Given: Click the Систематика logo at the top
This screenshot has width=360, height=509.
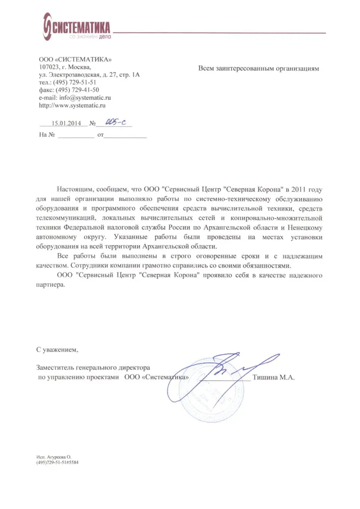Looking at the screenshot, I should coord(76,28).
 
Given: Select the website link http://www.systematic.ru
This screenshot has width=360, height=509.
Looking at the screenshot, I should coord(72,105).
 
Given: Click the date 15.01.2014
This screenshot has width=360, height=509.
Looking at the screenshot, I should coord(66,123).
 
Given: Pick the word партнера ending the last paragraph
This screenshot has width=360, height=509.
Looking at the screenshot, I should coord(51,286).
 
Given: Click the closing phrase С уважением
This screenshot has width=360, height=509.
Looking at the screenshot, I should coord(58,350).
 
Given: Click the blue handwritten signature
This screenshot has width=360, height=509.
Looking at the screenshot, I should coord(229,369).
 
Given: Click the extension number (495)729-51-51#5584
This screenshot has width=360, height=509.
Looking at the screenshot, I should coord(58,464).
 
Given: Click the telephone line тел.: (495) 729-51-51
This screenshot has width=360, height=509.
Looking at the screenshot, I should coord(67,82).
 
